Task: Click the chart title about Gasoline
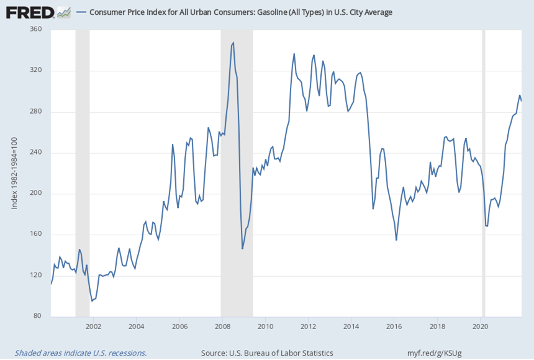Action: pyautogui.click(x=240, y=12)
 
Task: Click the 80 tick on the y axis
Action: pyautogui.click(x=37, y=316)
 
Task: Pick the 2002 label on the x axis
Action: pyautogui.click(x=93, y=325)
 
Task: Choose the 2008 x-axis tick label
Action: pyautogui.click(x=222, y=325)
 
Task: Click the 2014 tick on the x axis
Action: pyautogui.click(x=351, y=325)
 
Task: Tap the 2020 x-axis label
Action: pyautogui.click(x=481, y=325)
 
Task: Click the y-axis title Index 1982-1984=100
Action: pyautogui.click(x=14, y=173)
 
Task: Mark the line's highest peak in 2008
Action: pyautogui.click(x=233, y=43)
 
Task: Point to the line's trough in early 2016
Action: pyautogui.click(x=396, y=240)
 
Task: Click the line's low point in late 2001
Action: pyautogui.click(x=92, y=301)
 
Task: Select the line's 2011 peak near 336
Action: pyautogui.click(x=294, y=54)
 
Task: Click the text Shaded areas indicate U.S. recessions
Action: pyautogui.click(x=81, y=353)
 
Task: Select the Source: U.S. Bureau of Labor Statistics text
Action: pyautogui.click(x=267, y=353)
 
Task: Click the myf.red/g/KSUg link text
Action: pyautogui.click(x=434, y=353)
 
